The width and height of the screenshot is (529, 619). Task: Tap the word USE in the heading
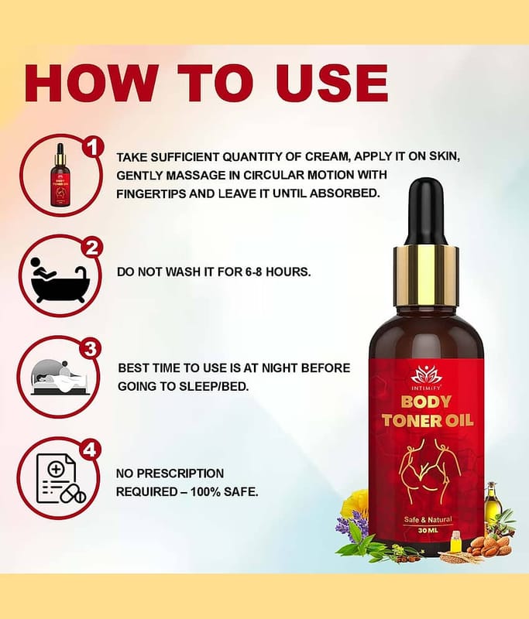pos(331,84)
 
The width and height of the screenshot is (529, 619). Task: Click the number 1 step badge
pos(92,149)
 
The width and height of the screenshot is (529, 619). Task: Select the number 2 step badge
pos(91,248)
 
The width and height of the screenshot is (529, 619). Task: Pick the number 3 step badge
pos(91,349)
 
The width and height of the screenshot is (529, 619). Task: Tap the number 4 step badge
pos(90,450)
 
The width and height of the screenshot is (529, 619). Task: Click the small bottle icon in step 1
pos(60,175)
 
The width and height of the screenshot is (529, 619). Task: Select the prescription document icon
pos(60,478)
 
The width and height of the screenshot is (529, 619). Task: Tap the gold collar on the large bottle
pos(426,275)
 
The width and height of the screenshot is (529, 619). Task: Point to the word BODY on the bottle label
pos(426,402)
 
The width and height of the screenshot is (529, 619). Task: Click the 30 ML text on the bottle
pos(428,530)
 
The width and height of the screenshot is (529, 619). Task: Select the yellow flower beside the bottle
pos(355,504)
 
